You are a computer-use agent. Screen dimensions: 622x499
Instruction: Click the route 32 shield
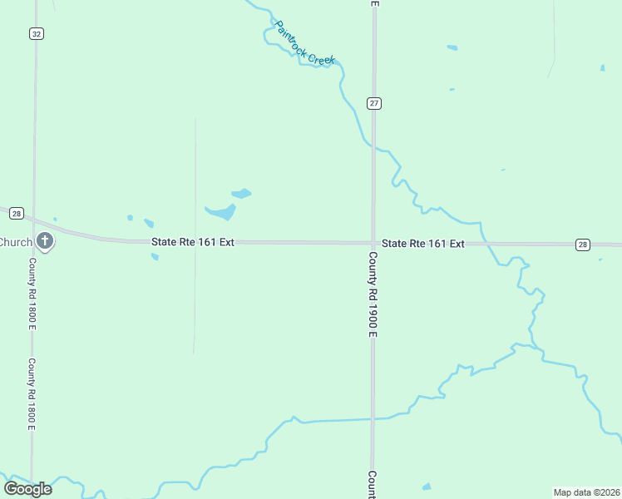click(36, 33)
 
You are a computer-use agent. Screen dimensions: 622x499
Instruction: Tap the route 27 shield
click(374, 102)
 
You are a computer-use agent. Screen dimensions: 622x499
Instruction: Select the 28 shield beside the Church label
click(17, 214)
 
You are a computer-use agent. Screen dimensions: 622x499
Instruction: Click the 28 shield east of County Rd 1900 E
click(582, 245)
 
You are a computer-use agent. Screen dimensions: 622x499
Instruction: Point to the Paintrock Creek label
click(304, 44)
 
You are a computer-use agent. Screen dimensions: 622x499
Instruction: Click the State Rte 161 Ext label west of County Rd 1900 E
click(193, 242)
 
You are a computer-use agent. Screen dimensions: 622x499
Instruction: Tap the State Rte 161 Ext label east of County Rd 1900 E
click(422, 244)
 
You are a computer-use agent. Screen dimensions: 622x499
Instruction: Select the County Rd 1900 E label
click(373, 295)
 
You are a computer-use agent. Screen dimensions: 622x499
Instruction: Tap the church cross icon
click(45, 242)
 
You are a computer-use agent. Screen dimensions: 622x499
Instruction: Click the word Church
click(15, 242)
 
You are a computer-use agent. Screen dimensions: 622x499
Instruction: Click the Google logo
click(28, 488)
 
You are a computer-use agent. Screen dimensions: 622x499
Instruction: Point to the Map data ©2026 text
click(586, 492)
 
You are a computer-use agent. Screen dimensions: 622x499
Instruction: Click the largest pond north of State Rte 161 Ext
click(222, 212)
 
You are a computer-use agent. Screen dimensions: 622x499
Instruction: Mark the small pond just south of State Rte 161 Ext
click(155, 256)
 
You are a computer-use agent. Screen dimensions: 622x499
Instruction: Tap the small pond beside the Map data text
click(427, 487)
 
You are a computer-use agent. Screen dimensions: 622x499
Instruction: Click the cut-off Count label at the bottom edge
click(373, 484)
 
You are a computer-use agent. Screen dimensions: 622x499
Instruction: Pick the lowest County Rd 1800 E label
click(32, 393)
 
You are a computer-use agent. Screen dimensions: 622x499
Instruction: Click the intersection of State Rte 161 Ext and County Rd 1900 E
click(373, 243)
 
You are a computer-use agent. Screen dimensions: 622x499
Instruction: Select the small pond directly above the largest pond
click(241, 194)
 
